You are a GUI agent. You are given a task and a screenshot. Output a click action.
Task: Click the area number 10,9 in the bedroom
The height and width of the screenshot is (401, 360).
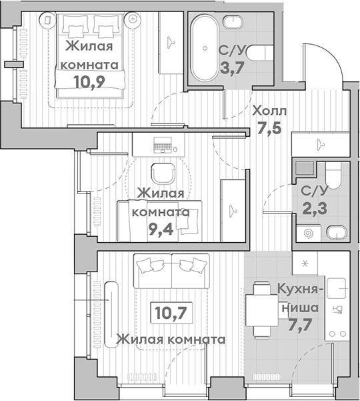pyautogui.click(x=89, y=82)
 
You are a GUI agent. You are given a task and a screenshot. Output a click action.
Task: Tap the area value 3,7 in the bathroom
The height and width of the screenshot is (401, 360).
pyautogui.click(x=232, y=68)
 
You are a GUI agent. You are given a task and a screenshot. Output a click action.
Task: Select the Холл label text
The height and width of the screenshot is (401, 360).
pyautogui.click(x=269, y=111)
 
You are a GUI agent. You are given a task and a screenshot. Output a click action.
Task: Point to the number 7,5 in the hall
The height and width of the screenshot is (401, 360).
pyautogui.click(x=269, y=127)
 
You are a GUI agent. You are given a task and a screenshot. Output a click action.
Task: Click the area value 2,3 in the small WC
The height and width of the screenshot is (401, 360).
pyautogui.click(x=315, y=208)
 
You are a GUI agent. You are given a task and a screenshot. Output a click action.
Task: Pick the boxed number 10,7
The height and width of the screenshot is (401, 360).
pyautogui.click(x=171, y=312)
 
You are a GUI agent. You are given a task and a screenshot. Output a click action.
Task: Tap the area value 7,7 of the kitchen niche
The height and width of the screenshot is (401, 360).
pyautogui.click(x=300, y=325)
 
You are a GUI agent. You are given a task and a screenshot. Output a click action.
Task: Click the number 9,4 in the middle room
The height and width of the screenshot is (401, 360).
pyautogui.click(x=161, y=229)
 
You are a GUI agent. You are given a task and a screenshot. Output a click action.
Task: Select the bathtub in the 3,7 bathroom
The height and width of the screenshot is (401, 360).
pyautogui.click(x=205, y=48)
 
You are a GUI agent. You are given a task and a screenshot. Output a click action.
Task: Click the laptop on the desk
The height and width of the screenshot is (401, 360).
pyautogui.click(x=163, y=145)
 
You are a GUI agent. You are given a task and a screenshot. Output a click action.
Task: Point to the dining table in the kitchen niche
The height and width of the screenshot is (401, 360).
pyautogui.click(x=262, y=310)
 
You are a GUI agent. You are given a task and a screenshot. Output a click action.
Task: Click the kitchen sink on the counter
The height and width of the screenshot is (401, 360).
pyautogui.click(x=336, y=288)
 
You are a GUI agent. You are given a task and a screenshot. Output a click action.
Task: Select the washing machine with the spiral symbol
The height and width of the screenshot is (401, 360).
pyautogui.click(x=308, y=233)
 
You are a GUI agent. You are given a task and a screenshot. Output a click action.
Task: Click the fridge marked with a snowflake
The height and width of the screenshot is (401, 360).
pyautogui.click(x=305, y=263)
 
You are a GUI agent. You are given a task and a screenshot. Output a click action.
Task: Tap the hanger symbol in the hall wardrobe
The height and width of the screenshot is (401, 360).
pyautogui.click(x=320, y=144)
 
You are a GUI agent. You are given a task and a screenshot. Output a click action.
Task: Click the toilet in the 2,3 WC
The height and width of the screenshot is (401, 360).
pyautogui.click(x=333, y=175)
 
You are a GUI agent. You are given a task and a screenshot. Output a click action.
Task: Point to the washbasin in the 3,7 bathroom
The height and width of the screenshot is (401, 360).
pyautogui.click(x=233, y=22)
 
